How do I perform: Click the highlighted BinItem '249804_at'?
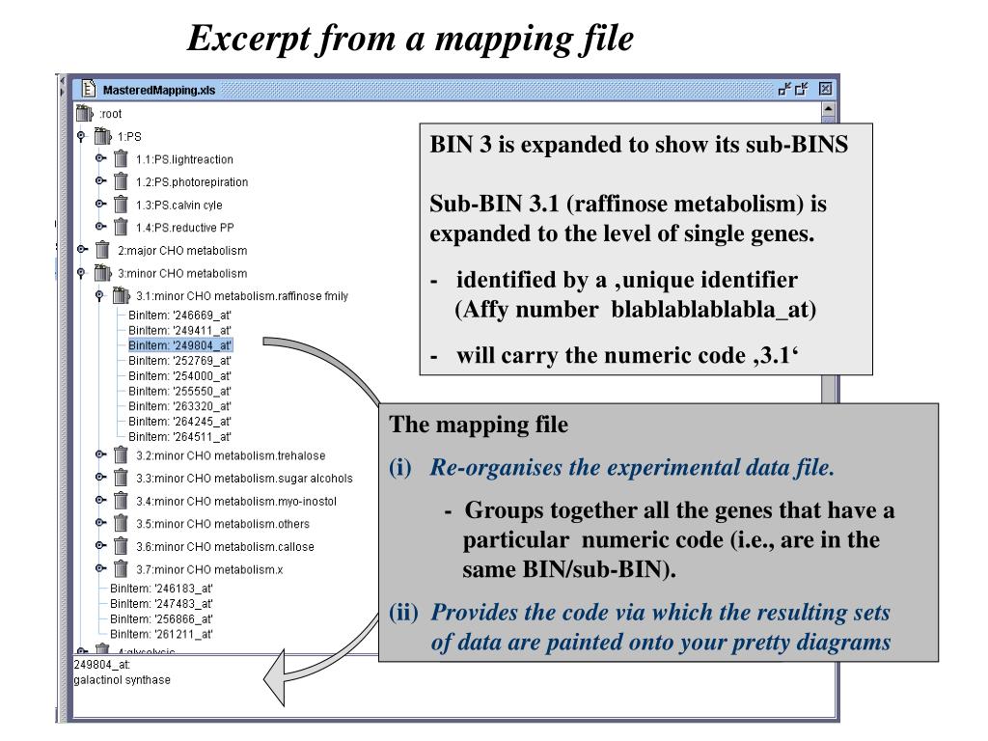pyautogui.click(x=180, y=344)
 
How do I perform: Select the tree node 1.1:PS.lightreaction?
pyautogui.click(x=183, y=159)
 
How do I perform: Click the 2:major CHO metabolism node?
pyautogui.click(x=181, y=250)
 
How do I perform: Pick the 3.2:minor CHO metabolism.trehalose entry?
pyautogui.click(x=230, y=455)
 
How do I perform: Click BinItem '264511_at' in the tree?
pyautogui.click(x=179, y=436)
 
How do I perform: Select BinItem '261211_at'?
pyautogui.click(x=161, y=634)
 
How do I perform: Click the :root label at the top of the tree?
pyautogui.click(x=110, y=114)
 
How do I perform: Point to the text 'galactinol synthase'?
pyautogui.click(x=122, y=680)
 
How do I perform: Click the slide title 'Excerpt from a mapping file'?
pyautogui.click(x=410, y=39)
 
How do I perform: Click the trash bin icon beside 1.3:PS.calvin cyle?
pyautogui.click(x=121, y=205)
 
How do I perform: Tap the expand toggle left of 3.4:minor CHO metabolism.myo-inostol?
pyautogui.click(x=100, y=501)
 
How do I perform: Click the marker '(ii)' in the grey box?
pyautogui.click(x=403, y=613)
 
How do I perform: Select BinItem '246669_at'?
pyautogui.click(x=179, y=315)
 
